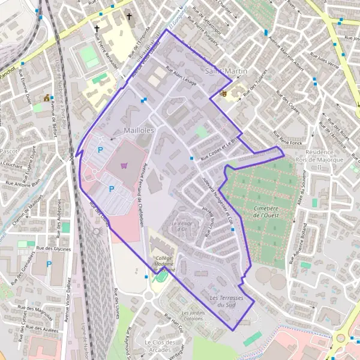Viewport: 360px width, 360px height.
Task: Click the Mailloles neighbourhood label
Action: (x=139, y=130)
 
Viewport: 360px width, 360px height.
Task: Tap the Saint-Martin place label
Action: (x=226, y=71)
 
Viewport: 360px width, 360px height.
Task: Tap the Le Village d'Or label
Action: (x=184, y=227)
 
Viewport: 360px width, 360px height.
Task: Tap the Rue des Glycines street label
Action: (x=53, y=248)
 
